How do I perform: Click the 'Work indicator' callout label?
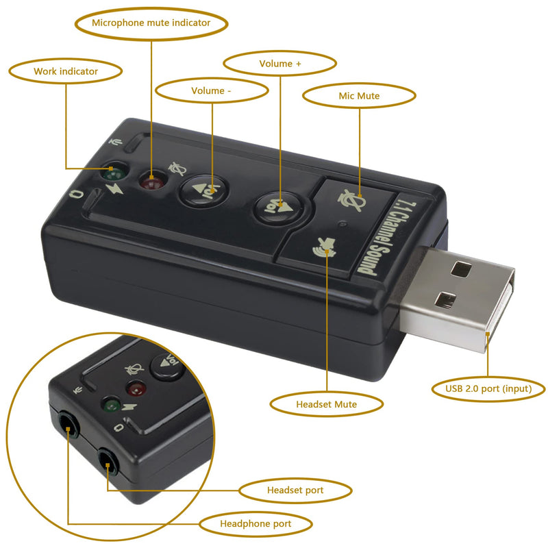[x=66, y=71]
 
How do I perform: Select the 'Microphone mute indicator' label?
[x=151, y=23]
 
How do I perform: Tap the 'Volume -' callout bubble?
[x=212, y=90]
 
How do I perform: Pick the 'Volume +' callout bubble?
[x=280, y=64]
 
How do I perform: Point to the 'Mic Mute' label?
[x=359, y=96]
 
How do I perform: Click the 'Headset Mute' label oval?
[x=326, y=404]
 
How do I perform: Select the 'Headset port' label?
[x=295, y=490]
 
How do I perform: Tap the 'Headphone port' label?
[x=256, y=524]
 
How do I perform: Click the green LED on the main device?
[x=112, y=171]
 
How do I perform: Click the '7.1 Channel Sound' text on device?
[x=388, y=236]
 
